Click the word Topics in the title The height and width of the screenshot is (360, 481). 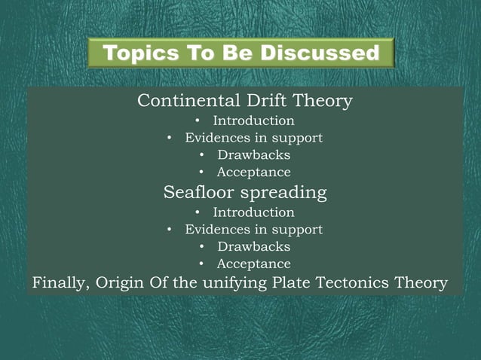[136, 53]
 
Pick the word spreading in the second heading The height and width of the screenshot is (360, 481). [286, 193]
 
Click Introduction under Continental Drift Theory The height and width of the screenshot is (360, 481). [253, 121]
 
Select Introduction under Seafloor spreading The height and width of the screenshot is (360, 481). [253, 212]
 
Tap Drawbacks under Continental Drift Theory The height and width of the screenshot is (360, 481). [253, 155]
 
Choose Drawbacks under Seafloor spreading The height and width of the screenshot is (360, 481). [253, 246]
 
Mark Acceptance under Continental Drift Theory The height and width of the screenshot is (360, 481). [253, 172]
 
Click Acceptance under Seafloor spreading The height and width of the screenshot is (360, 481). [253, 264]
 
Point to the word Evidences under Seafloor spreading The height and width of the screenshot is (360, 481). [216, 229]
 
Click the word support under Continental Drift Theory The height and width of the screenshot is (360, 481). [297, 138]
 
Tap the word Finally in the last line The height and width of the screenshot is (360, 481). [57, 283]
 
